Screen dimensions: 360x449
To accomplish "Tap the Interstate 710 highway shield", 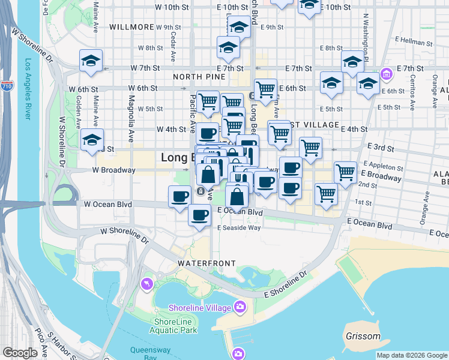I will pyautogui.click(x=7, y=86).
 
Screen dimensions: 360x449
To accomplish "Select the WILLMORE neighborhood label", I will pyautogui.click(x=131, y=27).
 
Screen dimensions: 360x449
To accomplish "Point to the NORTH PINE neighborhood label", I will pyautogui.click(x=197, y=77).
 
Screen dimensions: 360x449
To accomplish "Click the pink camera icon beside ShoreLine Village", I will pyautogui.click(x=240, y=308).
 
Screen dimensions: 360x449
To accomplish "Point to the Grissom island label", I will pyautogui.click(x=363, y=337).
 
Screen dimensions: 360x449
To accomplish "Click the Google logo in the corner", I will pyautogui.click(x=20, y=353).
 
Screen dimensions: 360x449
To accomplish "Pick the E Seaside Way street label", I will pyautogui.click(x=239, y=227).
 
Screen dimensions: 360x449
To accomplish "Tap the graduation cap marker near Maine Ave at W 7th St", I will pyautogui.click(x=91, y=61).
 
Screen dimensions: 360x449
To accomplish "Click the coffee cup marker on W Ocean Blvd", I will pyautogui.click(x=179, y=196).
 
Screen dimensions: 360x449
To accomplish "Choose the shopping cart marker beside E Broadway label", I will pyautogui.click(x=346, y=172).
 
